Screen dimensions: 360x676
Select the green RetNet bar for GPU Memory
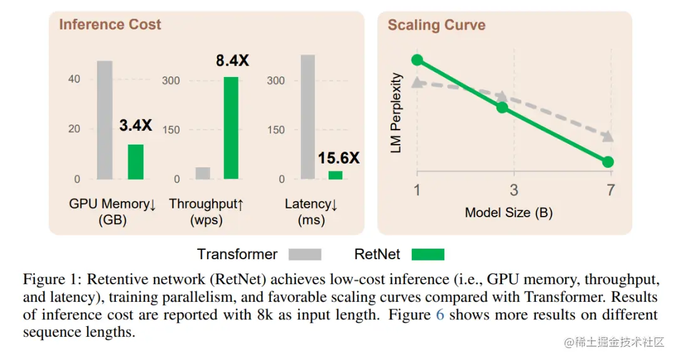[136, 162]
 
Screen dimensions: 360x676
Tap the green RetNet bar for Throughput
[232, 128]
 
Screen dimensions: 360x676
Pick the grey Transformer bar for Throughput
[203, 173]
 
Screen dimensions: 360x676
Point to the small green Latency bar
[335, 175]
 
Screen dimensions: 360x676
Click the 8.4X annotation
[232, 61]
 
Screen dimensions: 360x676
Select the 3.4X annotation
[136, 125]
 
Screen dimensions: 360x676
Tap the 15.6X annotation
[339, 158]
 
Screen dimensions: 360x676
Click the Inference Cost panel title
[110, 25]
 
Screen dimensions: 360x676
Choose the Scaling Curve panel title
[436, 26]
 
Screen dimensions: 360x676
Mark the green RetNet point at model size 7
[608, 162]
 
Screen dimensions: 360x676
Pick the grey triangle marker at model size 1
[417, 81]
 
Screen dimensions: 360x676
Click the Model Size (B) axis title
[508, 213]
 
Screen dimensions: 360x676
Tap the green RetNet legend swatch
[428, 254]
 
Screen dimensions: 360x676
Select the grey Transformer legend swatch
[305, 254]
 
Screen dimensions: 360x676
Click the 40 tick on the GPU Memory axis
[74, 80]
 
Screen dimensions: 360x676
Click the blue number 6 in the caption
[440, 315]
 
